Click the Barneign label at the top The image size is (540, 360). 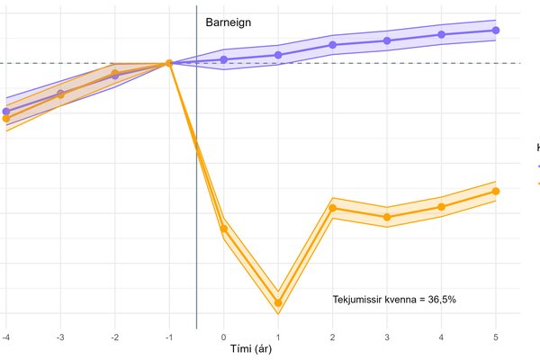point(229,21)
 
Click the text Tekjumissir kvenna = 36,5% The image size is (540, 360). point(395,298)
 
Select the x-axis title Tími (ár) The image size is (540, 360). point(252,348)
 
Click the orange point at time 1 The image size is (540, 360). point(278,302)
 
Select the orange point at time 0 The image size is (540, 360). point(223,229)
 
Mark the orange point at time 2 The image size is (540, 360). point(332,208)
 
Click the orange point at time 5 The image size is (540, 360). point(496,191)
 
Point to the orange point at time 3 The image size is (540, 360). point(387,217)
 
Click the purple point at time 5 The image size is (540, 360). point(496,31)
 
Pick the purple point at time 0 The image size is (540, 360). point(223,59)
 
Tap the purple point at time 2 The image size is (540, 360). point(332,44)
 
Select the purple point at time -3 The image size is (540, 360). point(60,94)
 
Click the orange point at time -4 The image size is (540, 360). point(5,119)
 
